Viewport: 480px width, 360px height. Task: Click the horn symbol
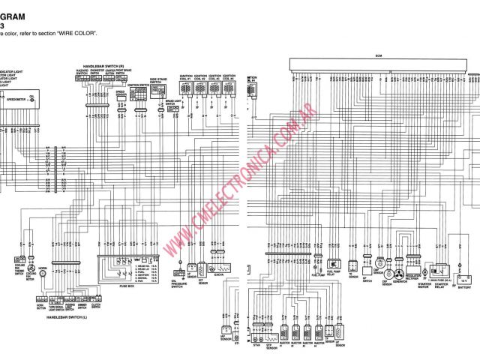[x=42, y=274]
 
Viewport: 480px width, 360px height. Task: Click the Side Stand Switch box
[x=158, y=90]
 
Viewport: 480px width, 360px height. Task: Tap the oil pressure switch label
[x=179, y=285]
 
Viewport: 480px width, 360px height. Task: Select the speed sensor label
[x=120, y=94]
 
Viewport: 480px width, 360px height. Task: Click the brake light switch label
[x=173, y=100]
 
